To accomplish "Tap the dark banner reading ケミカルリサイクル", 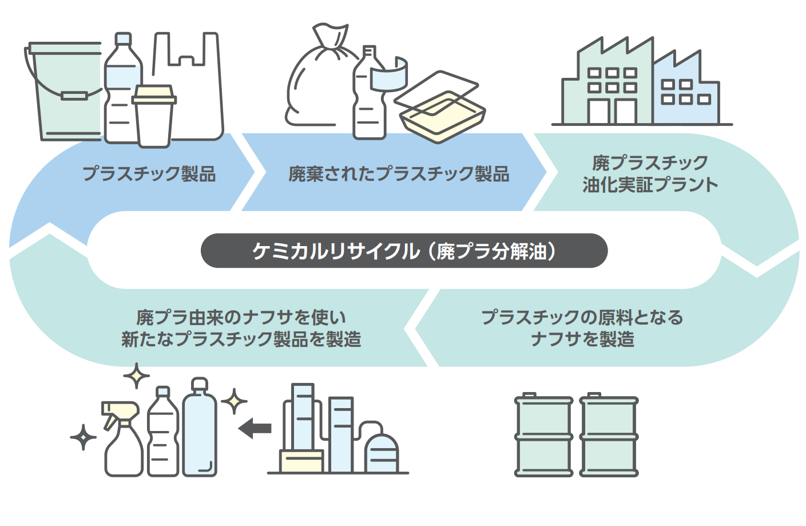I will pos(404,251).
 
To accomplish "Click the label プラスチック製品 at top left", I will pos(149,173).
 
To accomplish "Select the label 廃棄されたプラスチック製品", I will pos(399,173).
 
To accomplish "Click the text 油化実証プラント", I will pos(650,185).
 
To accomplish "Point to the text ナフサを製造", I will pos(582,339).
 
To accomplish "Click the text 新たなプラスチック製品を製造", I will pos(241,339).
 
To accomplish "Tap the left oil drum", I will pos(543,436).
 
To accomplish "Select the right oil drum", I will pos(609,436).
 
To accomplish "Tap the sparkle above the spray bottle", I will pos(136,376).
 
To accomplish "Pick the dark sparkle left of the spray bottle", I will pos(84,437).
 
